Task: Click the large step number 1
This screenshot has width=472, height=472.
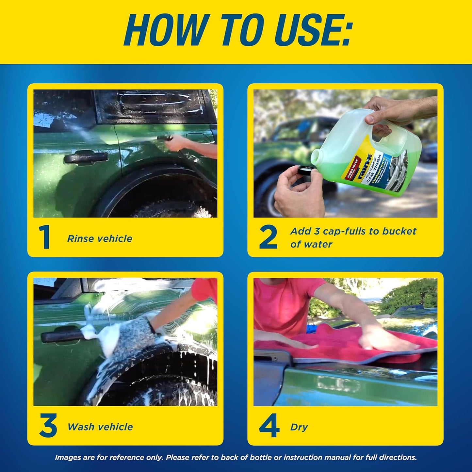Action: (x=44, y=237)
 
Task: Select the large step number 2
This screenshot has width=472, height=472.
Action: (x=268, y=237)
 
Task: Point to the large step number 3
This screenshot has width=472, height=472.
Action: (x=48, y=426)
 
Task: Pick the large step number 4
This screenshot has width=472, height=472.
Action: (x=269, y=426)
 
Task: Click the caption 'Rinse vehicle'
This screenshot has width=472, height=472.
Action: (x=100, y=239)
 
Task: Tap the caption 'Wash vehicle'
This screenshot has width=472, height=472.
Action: (x=100, y=427)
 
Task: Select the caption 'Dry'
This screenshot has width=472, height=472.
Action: (x=299, y=427)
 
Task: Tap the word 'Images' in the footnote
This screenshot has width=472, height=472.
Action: (x=67, y=458)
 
